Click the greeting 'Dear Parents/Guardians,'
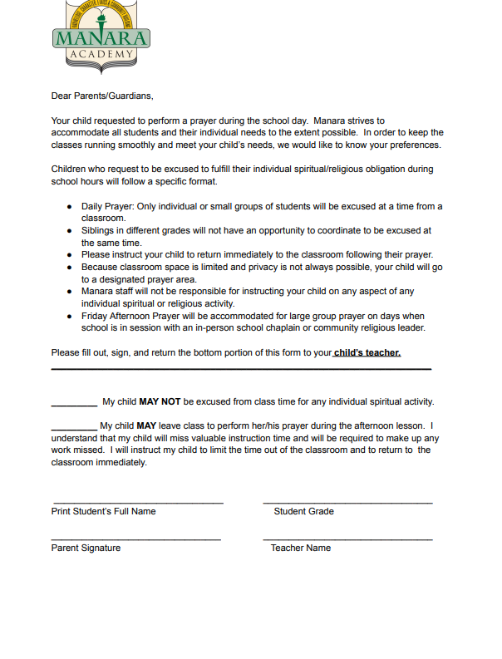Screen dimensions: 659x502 pos(102,96)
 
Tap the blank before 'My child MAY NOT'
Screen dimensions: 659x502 pos(74,404)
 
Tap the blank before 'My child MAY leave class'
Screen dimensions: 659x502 pos(73,428)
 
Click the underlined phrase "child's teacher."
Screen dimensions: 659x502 pos(367,352)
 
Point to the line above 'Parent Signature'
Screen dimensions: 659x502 pos(136,539)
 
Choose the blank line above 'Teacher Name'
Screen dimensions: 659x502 pos(347,539)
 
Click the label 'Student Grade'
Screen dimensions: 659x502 pos(303,511)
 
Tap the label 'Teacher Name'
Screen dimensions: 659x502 pos(300,548)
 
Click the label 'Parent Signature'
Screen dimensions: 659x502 pos(86,548)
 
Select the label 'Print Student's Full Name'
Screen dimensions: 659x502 pos(103,511)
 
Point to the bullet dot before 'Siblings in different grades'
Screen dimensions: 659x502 pos(69,230)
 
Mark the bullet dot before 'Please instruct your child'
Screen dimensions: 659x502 pos(69,254)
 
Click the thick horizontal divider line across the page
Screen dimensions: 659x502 pos(241,368)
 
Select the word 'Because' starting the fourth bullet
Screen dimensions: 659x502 pos(100,267)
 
